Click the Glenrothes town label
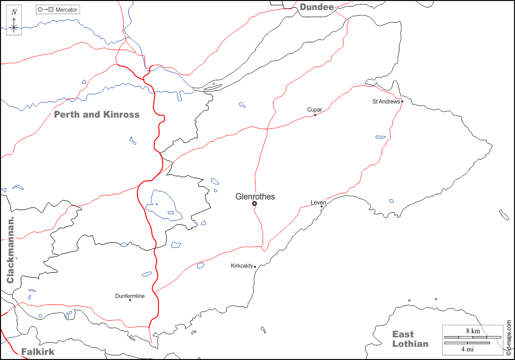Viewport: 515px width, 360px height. tap(255, 196)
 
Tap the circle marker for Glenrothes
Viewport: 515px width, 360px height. tap(254, 203)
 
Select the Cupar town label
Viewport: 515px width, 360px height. tap(315, 110)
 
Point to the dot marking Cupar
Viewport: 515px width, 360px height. tap(315, 115)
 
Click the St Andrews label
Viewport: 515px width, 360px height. tap(386, 101)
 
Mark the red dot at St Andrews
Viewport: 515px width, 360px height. tap(402, 101)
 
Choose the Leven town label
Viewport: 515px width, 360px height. tap(318, 202)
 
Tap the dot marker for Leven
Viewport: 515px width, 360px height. tap(322, 206)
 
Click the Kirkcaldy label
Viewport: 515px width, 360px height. tap(242, 266)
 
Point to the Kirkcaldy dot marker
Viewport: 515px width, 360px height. tap(255, 267)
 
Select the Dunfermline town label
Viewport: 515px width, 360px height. tap(130, 296)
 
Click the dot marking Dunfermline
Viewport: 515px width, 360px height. tap(130, 300)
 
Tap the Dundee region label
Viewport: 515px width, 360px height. tap(317, 7)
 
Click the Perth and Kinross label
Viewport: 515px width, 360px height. tap(96, 115)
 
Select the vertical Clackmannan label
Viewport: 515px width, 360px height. tap(10, 250)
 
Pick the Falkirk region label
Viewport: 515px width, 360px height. tap(37, 351)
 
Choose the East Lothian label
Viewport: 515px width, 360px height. tap(410, 339)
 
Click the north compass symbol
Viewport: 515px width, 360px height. tap(14, 22)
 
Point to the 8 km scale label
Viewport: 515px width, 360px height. tap(473, 331)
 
